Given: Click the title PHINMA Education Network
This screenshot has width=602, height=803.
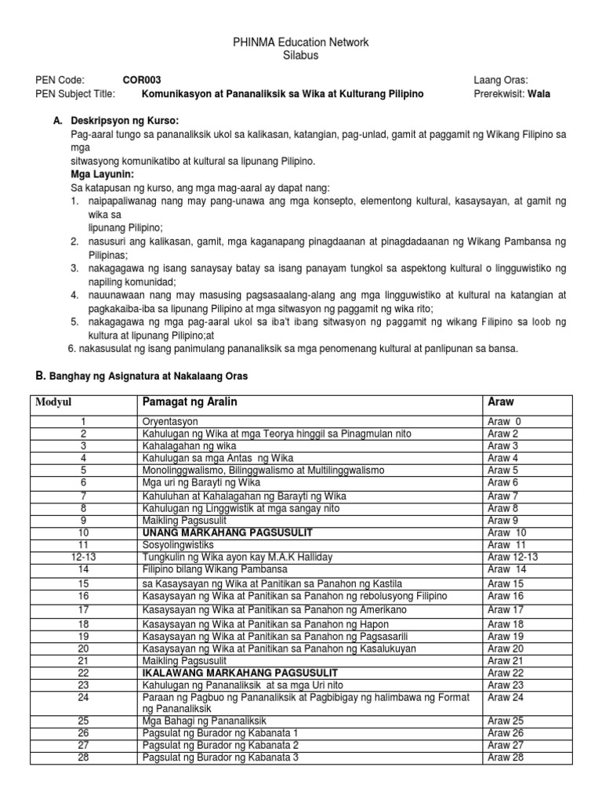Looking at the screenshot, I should pos(301,42).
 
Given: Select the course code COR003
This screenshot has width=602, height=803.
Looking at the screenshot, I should pos(143,79).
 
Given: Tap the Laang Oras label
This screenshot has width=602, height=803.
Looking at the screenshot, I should pos(501,79).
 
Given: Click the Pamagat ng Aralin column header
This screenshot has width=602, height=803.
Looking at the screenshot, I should pos(189,401).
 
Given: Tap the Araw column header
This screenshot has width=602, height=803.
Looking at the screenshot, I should pos(501,401).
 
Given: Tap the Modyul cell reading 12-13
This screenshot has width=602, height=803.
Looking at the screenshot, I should pos(83,556).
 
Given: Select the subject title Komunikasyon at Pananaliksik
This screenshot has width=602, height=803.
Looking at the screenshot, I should pos(282,93).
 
